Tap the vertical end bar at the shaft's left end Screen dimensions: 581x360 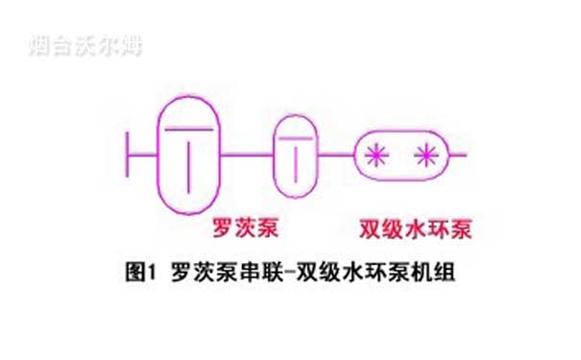pos(129,153)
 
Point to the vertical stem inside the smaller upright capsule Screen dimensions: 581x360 pos(297,160)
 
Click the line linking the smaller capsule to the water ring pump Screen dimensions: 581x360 pos(335,153)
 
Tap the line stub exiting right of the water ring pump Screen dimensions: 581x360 pos(458,153)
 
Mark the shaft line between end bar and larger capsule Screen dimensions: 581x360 pos(142,153)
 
